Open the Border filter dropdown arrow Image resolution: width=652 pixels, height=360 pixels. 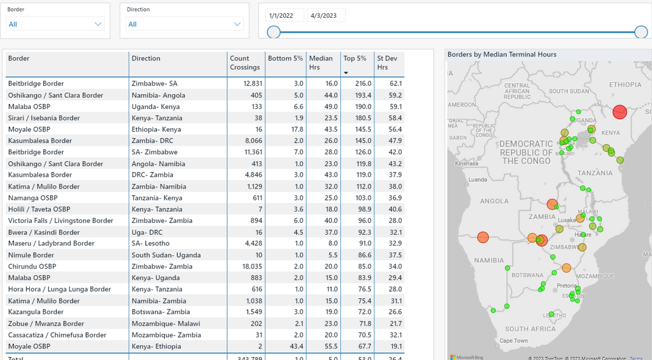[x=98, y=24]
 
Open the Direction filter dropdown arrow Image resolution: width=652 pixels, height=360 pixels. [x=238, y=24]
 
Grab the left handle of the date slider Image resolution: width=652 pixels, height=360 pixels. [x=273, y=32]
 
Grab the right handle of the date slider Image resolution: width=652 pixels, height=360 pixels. [x=641, y=32]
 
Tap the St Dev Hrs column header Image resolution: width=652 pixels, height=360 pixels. [x=388, y=63]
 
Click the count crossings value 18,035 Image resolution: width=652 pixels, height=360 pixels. [x=250, y=266]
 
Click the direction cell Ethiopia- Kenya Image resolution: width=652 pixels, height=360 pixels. [x=156, y=129]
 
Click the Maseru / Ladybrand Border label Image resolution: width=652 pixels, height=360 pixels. [x=51, y=243]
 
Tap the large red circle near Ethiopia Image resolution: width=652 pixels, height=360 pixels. [x=619, y=112]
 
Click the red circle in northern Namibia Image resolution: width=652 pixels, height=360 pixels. [x=482, y=237]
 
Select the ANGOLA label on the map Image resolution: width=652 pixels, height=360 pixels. [x=494, y=201]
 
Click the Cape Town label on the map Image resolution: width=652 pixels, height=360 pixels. [x=513, y=340]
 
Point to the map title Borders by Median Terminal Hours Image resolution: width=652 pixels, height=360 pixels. [x=502, y=55]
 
